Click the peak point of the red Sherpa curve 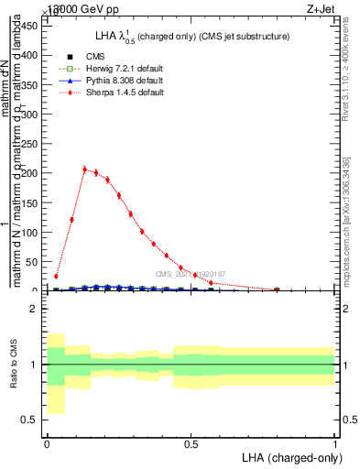84,169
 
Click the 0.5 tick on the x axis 191,443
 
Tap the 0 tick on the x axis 47,443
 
